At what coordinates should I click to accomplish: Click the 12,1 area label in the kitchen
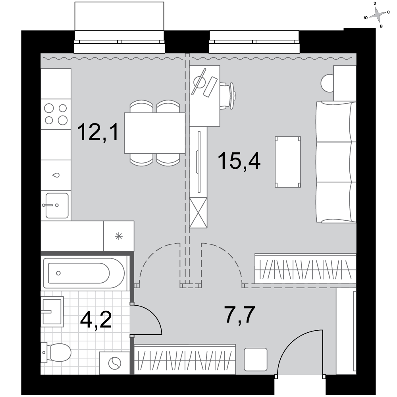(98, 132)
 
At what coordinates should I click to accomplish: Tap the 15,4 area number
(239, 160)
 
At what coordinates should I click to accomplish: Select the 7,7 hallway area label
(239, 314)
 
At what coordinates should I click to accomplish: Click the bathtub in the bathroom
(84, 273)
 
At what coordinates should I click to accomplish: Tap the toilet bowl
(56, 352)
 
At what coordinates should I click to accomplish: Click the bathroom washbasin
(52, 311)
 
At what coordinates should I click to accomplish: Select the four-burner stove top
(56, 114)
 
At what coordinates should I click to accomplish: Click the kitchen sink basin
(57, 206)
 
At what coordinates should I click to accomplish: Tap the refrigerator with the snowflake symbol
(119, 236)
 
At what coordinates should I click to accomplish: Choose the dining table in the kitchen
(155, 133)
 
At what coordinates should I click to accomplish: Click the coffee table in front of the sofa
(288, 162)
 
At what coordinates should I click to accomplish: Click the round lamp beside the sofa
(327, 83)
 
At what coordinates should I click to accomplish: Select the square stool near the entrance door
(255, 360)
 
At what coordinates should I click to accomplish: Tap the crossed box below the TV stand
(198, 213)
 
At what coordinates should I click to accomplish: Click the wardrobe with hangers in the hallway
(185, 359)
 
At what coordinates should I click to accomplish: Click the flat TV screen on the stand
(199, 162)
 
